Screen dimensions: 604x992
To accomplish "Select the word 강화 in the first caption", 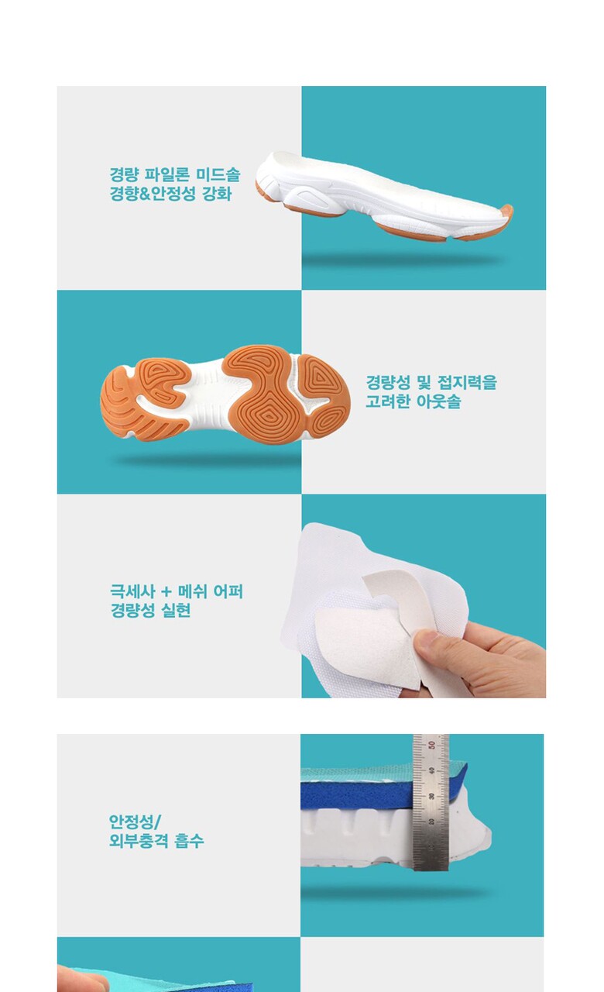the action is (217, 194).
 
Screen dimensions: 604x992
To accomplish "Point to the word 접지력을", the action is (467, 382).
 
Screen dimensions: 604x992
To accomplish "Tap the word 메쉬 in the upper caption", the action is (193, 591).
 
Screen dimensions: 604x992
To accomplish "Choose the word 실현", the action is (176, 611).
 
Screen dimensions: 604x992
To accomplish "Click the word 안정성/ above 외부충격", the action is (135, 822).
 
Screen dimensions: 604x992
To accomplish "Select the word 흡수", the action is (190, 841).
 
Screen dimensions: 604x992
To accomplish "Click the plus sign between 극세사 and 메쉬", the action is (166, 592).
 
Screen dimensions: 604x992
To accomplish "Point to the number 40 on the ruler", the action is (431, 770).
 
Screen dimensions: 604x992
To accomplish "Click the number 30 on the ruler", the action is (431, 796).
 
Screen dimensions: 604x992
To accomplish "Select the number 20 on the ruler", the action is (431, 822).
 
